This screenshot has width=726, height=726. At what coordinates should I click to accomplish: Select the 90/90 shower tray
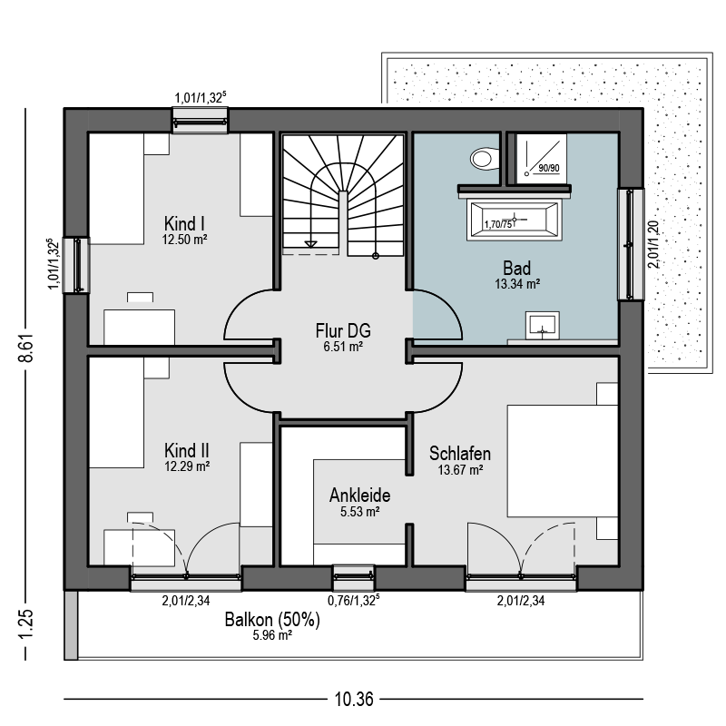click(x=541, y=159)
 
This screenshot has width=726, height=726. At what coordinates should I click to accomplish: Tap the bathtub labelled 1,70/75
click(x=515, y=220)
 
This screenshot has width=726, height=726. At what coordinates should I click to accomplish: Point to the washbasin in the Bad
click(x=542, y=325)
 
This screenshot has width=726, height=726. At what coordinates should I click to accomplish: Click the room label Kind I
click(x=184, y=223)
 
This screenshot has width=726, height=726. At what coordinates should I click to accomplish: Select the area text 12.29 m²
click(x=187, y=466)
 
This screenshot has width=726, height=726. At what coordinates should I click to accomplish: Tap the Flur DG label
click(x=343, y=330)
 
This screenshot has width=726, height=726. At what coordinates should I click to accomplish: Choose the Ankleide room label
click(x=359, y=495)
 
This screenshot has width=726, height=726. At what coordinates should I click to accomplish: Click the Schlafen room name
click(x=460, y=453)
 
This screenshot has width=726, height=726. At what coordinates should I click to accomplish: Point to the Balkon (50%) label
click(x=272, y=620)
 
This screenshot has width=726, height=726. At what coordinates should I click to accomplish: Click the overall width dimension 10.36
click(x=354, y=699)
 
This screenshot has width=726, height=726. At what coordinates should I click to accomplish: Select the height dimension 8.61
click(x=26, y=348)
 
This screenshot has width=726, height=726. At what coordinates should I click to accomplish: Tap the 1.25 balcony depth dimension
click(x=26, y=623)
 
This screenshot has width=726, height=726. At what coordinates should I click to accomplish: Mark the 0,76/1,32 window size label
click(x=354, y=600)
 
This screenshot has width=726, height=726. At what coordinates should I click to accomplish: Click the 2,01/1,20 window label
click(x=652, y=244)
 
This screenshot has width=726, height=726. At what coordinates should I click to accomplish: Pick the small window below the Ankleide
click(x=354, y=577)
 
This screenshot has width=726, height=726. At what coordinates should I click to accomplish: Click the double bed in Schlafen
click(x=563, y=461)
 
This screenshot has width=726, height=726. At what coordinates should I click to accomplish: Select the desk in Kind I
click(x=140, y=327)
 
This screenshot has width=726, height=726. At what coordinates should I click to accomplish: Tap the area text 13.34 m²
click(x=517, y=284)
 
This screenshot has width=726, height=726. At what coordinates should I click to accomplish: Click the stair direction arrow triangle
click(x=310, y=244)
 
